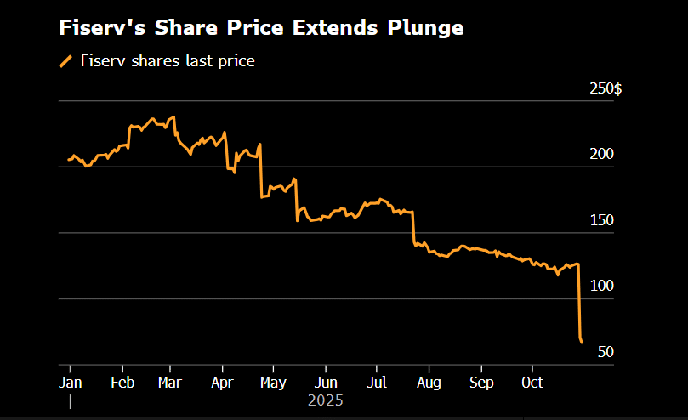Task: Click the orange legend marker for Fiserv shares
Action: coord(65,60)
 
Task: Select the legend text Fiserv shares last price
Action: coord(168,60)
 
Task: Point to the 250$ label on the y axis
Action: coord(606,88)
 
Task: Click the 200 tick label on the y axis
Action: coord(601,154)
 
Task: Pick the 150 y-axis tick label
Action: coord(601,220)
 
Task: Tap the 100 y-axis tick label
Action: coord(601,286)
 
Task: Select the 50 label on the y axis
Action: coord(605,352)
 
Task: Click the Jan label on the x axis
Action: coord(70,383)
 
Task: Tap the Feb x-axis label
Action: coord(122,383)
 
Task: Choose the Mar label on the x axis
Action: coord(171,383)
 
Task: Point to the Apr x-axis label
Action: coord(222,383)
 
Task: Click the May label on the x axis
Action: coord(273,383)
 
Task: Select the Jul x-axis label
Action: coord(378,383)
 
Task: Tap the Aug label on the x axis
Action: coord(429,383)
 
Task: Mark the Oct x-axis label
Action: coord(532,383)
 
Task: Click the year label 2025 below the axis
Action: coord(326,400)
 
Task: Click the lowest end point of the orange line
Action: coord(582,343)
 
